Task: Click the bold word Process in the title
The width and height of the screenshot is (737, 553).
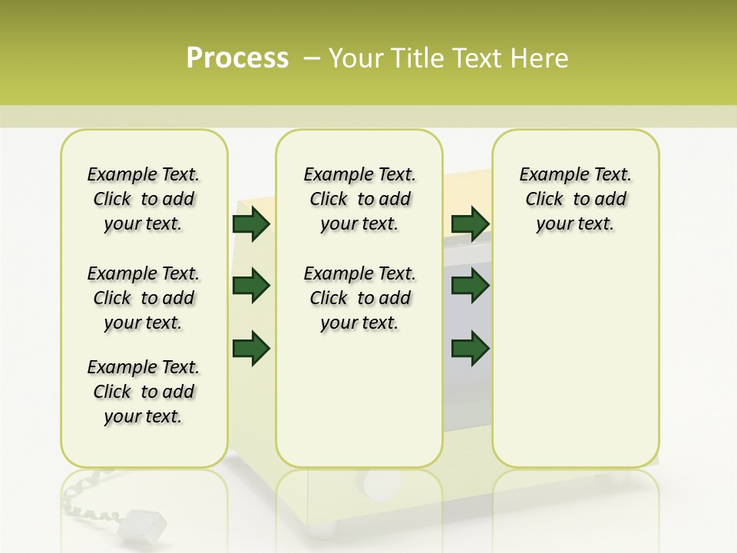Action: pos(237,58)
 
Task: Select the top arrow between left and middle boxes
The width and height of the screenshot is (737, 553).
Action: pos(251,224)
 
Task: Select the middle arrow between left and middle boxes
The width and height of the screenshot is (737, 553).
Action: pos(251,286)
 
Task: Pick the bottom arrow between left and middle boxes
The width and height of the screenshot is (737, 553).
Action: pos(251,348)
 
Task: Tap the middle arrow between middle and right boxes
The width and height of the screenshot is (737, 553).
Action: pos(470,286)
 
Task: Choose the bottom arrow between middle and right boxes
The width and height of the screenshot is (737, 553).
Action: pos(470,348)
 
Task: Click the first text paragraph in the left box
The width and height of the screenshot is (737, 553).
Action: pos(144,199)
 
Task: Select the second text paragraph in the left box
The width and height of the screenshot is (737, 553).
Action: pos(144,298)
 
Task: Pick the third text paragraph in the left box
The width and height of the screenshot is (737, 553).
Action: pos(144,392)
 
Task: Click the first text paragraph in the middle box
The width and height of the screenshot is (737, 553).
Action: pos(359,199)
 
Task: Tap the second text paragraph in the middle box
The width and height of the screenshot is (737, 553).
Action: pos(359,298)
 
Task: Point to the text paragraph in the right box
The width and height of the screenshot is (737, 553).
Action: pos(575,199)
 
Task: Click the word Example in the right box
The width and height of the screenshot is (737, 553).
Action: pos(549,174)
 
